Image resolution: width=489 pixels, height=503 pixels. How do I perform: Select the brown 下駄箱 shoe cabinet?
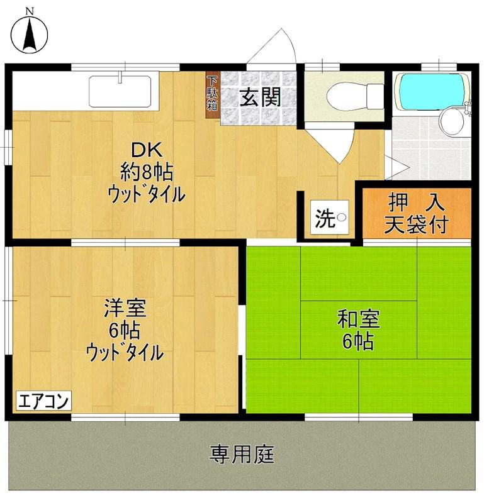point(213,93)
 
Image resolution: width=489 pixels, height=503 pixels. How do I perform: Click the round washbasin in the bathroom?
point(451,121)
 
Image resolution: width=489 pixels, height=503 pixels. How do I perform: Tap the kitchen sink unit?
point(120,92)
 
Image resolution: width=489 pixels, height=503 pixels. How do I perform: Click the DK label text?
point(147,150)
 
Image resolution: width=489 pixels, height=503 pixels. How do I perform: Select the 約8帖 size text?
point(147,171)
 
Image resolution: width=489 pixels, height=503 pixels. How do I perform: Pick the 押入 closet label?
point(416,202)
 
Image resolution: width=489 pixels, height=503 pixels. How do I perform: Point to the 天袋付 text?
point(416,224)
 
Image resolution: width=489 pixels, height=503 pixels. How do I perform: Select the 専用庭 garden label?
point(242,453)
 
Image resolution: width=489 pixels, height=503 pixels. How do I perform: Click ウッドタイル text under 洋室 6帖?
point(125,352)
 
